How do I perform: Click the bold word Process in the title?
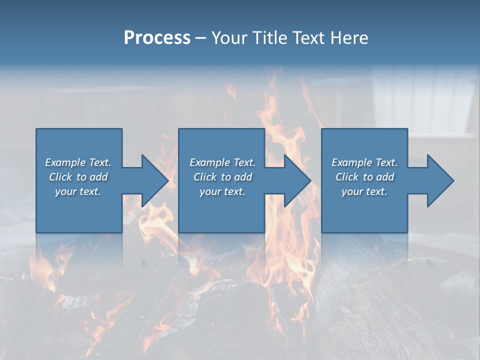tap(157, 38)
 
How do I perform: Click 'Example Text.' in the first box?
tap(78, 162)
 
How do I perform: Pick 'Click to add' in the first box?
tap(78, 177)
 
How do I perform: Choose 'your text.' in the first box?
tap(78, 191)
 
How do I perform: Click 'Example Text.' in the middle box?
tap(222, 162)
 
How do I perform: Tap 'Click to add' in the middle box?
tap(222, 177)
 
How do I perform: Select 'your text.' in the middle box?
tap(222, 191)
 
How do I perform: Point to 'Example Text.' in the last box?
tap(364, 162)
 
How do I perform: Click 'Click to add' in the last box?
tap(364, 177)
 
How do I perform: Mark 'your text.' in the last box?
tap(364, 191)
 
